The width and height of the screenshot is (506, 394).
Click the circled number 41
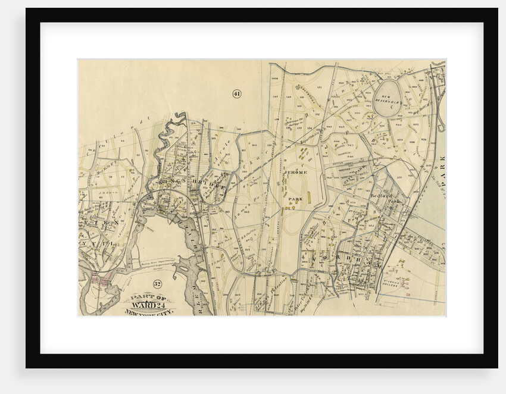[x=236, y=93]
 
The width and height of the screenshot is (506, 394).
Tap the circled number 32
[x=157, y=284]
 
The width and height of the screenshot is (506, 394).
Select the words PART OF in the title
[x=147, y=298]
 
